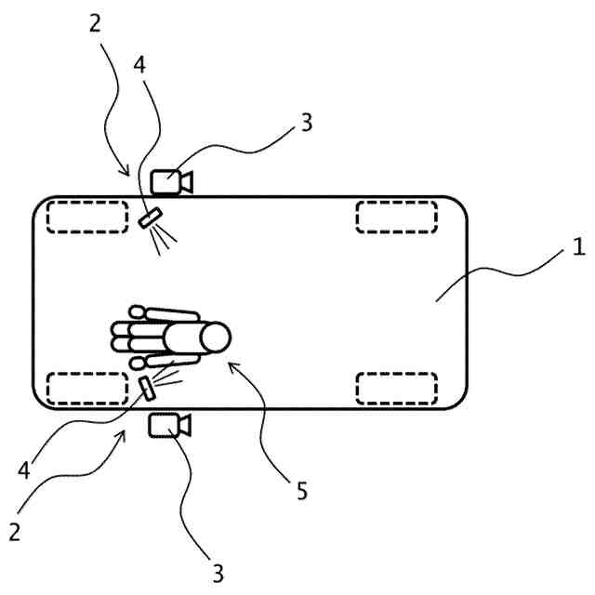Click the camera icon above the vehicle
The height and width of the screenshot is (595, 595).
pos(168,180)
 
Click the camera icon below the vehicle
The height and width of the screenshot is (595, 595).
pos(168,425)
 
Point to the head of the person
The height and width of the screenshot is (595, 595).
pos(214,338)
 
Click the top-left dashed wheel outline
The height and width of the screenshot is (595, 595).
pos(87,216)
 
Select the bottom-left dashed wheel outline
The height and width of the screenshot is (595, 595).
pos(87,388)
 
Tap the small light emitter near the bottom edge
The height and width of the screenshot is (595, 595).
pos(146,388)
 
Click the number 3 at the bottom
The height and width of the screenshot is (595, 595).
pos(218,570)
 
